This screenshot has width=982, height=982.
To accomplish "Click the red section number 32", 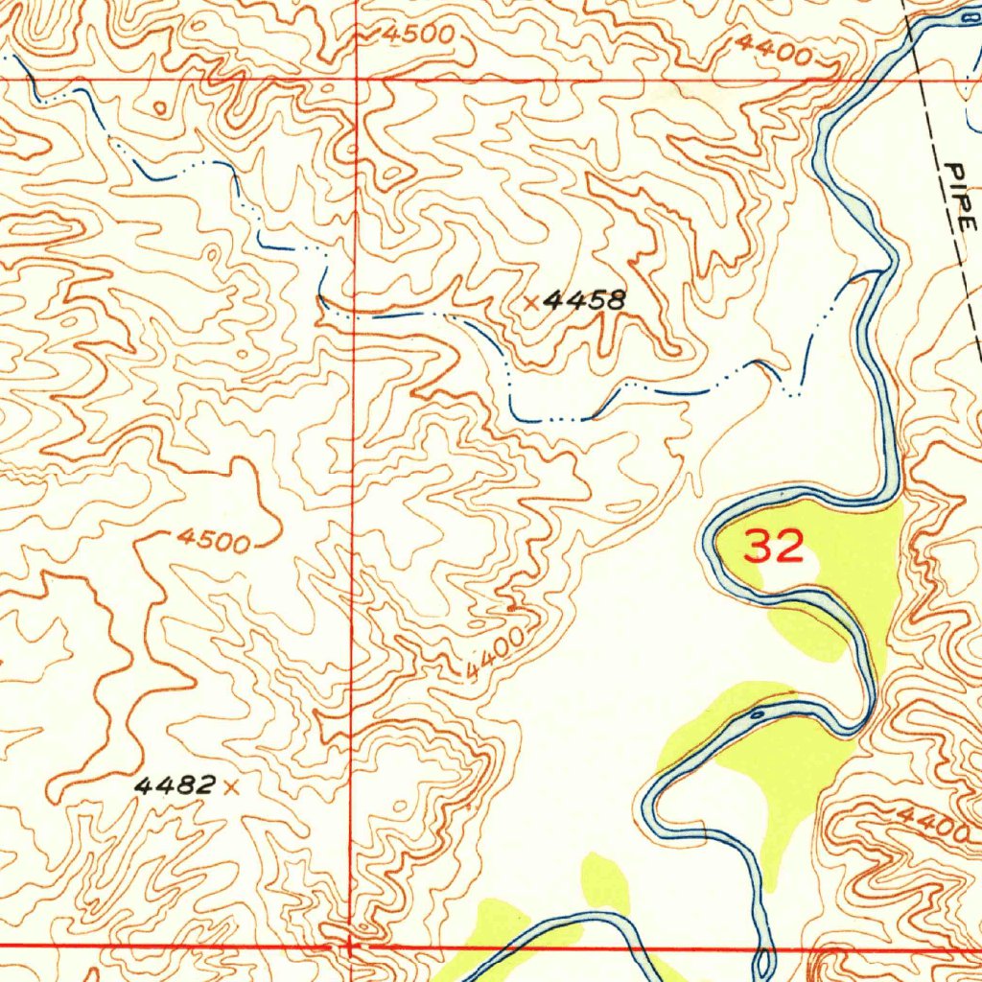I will point(774,548).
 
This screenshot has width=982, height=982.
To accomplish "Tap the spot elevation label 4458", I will point(584,301).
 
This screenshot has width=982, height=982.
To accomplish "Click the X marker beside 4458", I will point(531,303).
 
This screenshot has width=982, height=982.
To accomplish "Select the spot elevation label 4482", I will point(174,786).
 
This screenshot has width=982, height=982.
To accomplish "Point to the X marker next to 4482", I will point(228,787).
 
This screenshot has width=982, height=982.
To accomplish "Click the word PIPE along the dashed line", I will point(960,197).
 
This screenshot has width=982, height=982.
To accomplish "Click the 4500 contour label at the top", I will point(418,34).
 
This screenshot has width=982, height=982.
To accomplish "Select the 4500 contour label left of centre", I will point(213,542).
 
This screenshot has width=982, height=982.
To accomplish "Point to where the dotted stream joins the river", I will point(880,272).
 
